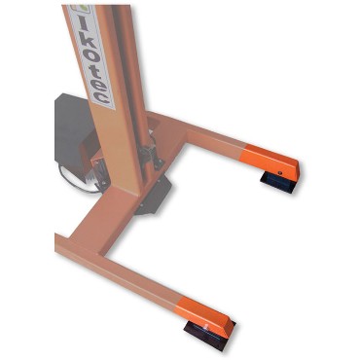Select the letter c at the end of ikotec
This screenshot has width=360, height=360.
click(102, 96)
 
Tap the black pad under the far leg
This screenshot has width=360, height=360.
click(276, 182)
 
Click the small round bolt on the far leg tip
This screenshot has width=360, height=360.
click(280, 173)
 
